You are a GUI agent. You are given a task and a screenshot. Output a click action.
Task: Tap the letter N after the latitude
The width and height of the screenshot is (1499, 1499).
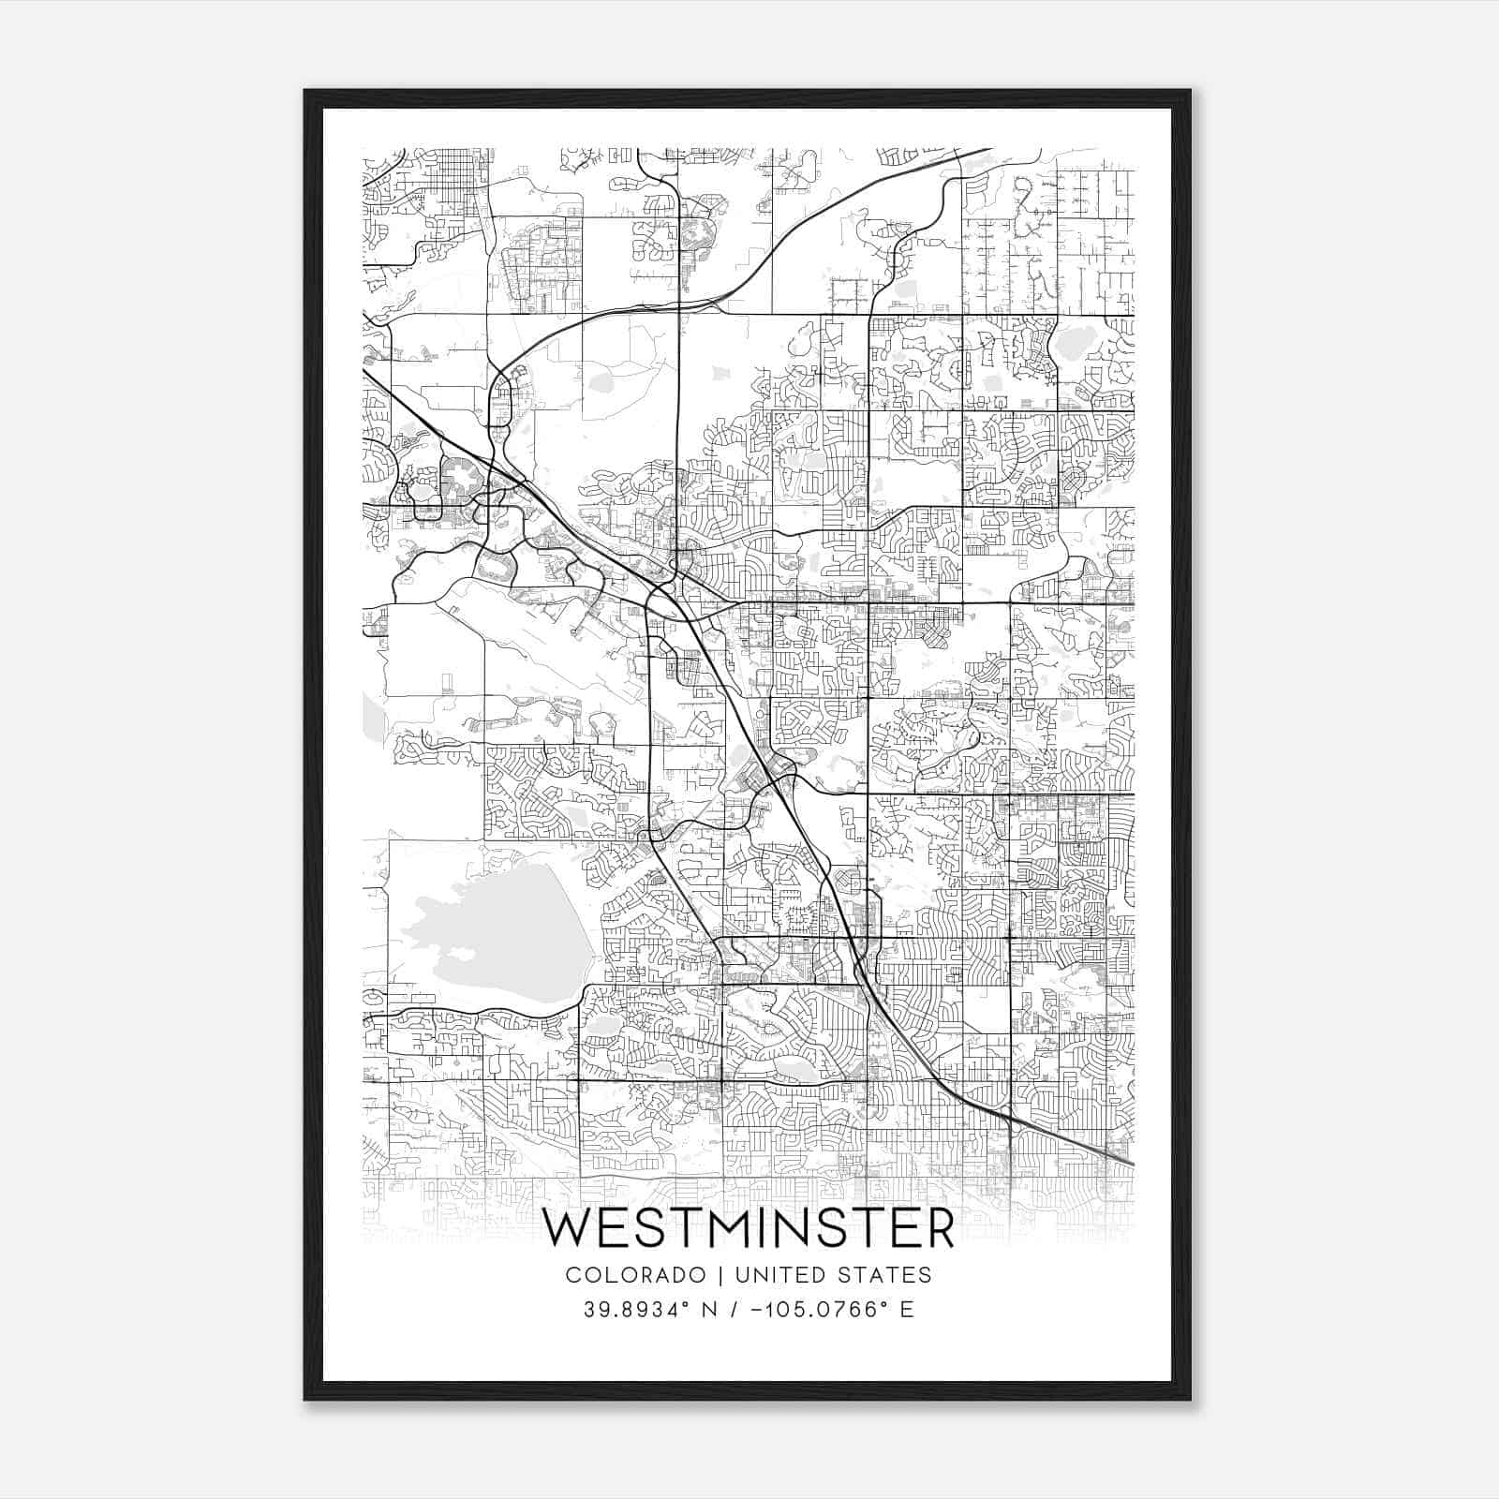coord(710,1309)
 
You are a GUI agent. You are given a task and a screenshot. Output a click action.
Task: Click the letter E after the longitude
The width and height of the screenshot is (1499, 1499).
coord(906,1309)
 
